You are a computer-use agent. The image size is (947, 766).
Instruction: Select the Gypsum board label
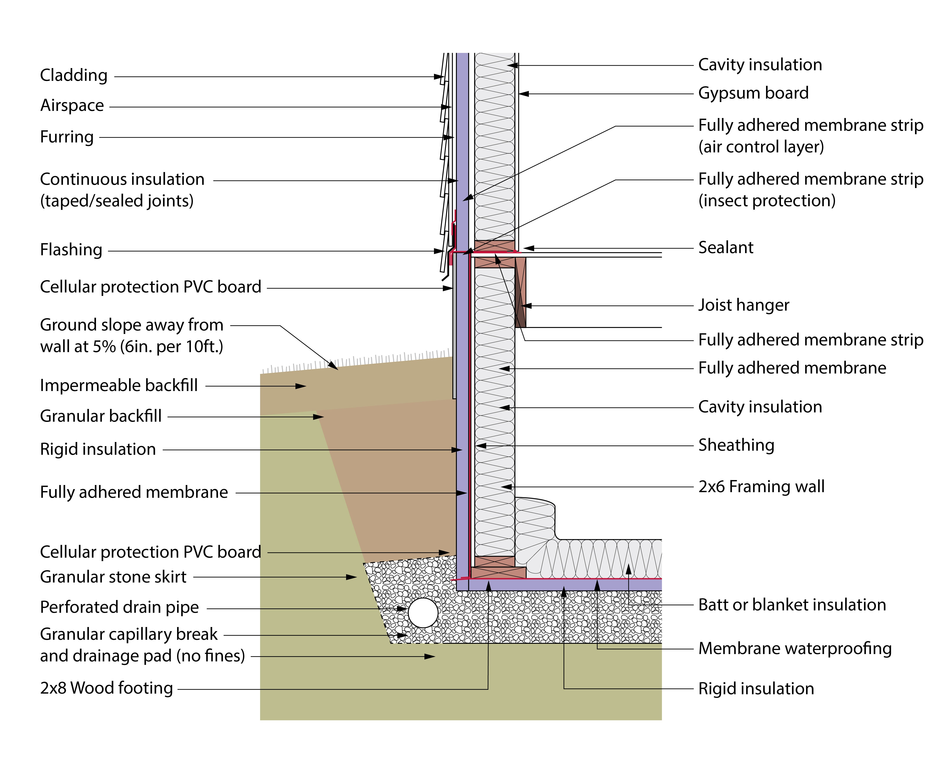pos(753,93)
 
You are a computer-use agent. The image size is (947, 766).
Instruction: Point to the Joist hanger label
pos(744,305)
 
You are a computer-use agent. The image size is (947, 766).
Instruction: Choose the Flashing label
pos(71,250)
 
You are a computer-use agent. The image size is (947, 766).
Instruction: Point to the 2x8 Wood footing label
pos(106,688)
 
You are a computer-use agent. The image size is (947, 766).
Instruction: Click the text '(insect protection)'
pos(766,201)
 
